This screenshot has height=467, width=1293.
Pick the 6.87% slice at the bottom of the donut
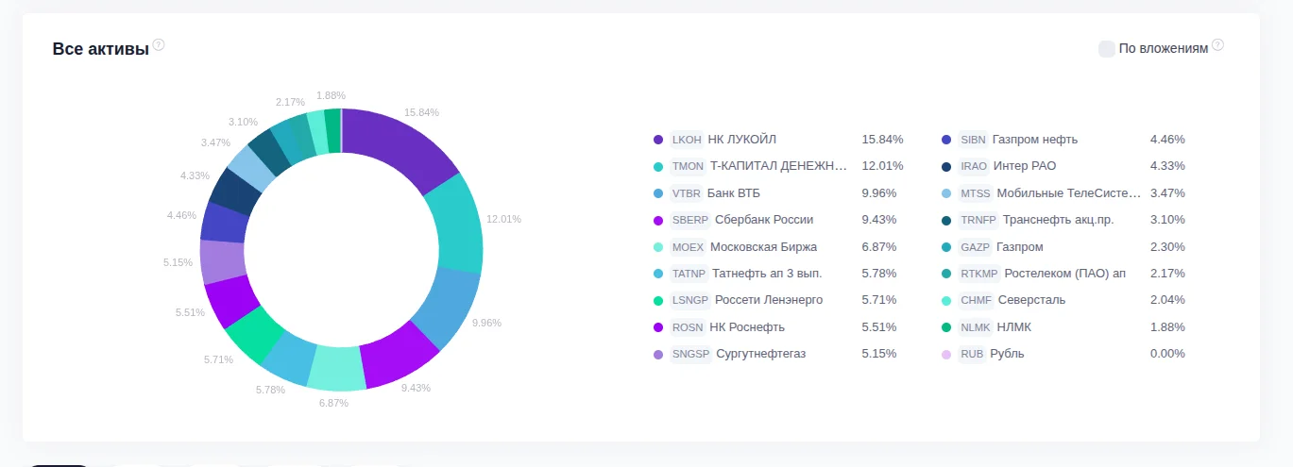coord(336,369)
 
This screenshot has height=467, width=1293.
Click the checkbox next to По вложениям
coord(1107,48)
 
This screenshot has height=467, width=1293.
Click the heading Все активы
coord(101,49)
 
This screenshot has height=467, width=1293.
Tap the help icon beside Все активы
coord(159,44)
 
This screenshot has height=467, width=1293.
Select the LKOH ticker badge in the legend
coord(686,140)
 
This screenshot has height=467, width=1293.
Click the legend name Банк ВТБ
coord(734,193)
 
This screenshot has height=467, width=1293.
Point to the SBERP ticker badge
coord(689,220)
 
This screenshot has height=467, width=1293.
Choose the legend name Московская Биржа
coord(763,247)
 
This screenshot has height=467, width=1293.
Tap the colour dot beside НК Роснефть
coord(658,327)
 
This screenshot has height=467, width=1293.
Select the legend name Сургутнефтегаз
coord(760,354)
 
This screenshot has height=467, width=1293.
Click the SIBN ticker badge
coord(973,140)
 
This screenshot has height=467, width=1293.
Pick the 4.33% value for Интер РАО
coord(1166,166)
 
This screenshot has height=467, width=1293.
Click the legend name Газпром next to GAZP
coord(1019,247)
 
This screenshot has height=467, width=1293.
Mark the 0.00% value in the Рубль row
coord(1166,354)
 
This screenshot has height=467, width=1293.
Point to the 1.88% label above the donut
coord(331,95)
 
